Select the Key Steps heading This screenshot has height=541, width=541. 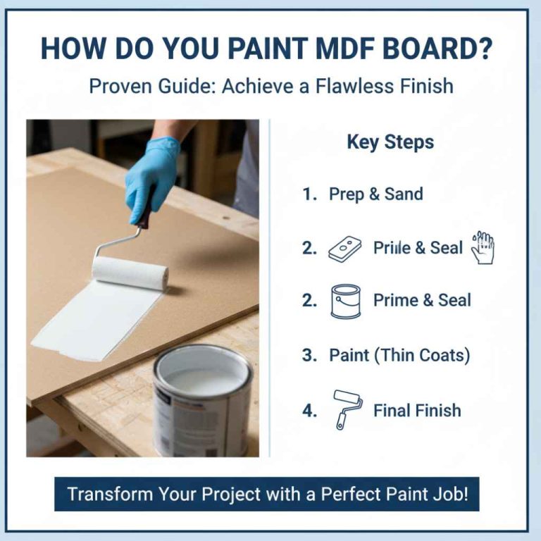(390, 142)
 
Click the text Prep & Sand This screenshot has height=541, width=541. (376, 194)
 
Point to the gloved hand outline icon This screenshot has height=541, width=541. (483, 248)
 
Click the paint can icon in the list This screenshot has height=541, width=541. (345, 301)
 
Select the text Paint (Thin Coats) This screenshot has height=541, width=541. (399, 355)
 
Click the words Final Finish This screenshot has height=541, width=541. (417, 410)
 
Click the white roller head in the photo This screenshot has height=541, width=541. (130, 273)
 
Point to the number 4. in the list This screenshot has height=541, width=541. (309, 410)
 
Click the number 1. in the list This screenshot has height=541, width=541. (309, 194)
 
